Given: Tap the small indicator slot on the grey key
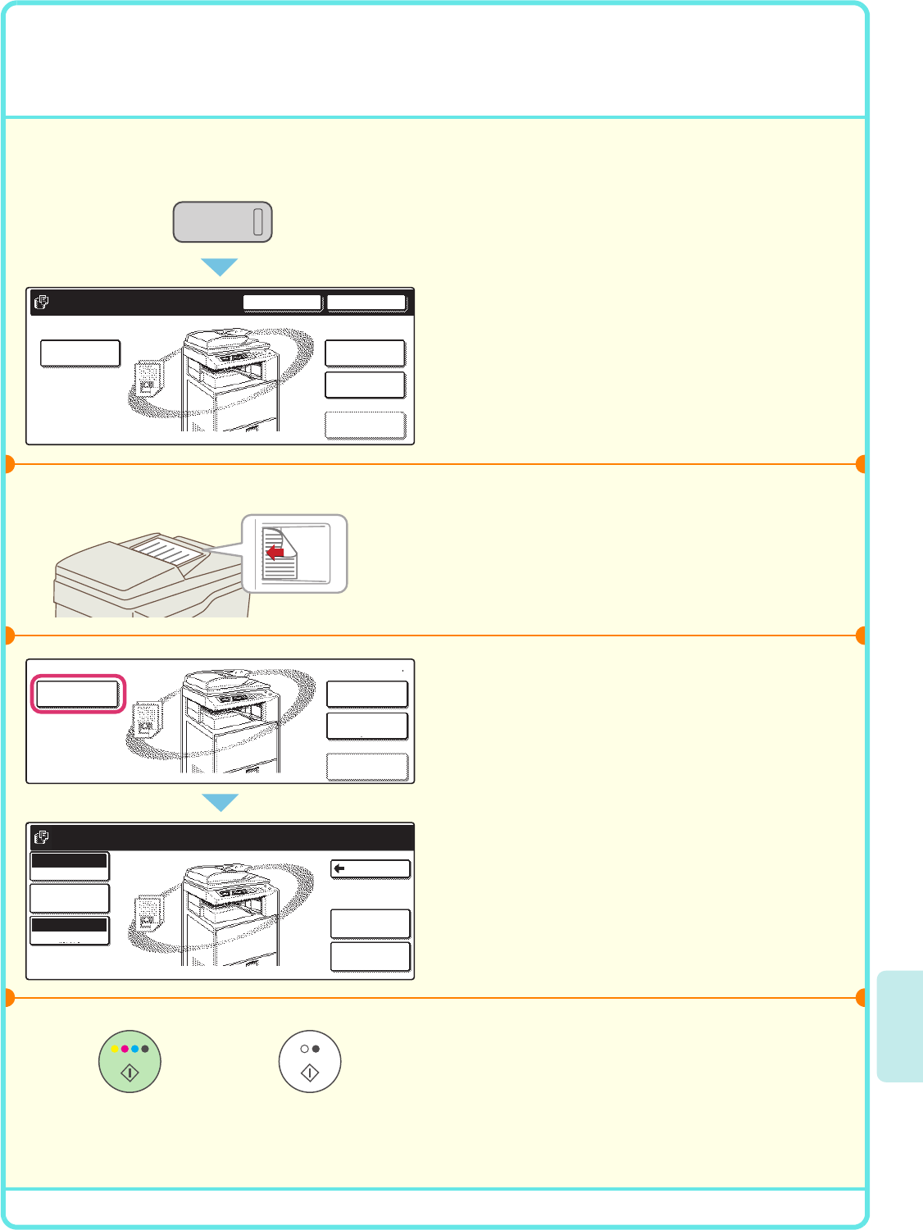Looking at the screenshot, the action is coord(257,221).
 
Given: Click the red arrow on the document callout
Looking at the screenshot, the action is coord(275,553).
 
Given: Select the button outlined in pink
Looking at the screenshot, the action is coord(78,694).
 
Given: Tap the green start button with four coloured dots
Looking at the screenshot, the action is coord(130,1061).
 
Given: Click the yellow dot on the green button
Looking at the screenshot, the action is coord(115,1049).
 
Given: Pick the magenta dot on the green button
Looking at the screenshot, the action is coord(125,1049).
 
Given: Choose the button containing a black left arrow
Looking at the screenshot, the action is coord(370,868).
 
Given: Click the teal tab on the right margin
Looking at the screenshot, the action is coord(899,1026).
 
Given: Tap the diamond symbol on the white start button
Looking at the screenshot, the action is coord(310,1073).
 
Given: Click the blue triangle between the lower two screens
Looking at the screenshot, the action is coord(220,802).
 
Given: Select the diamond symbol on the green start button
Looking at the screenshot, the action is coord(130,1073).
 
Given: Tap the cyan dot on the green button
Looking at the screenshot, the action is coord(134,1049).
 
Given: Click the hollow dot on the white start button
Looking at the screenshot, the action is coord(305,1049).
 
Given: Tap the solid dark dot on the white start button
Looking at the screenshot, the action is coord(316,1049).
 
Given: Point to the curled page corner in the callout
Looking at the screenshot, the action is coord(289,543).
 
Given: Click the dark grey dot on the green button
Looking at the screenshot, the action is coord(145,1049).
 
